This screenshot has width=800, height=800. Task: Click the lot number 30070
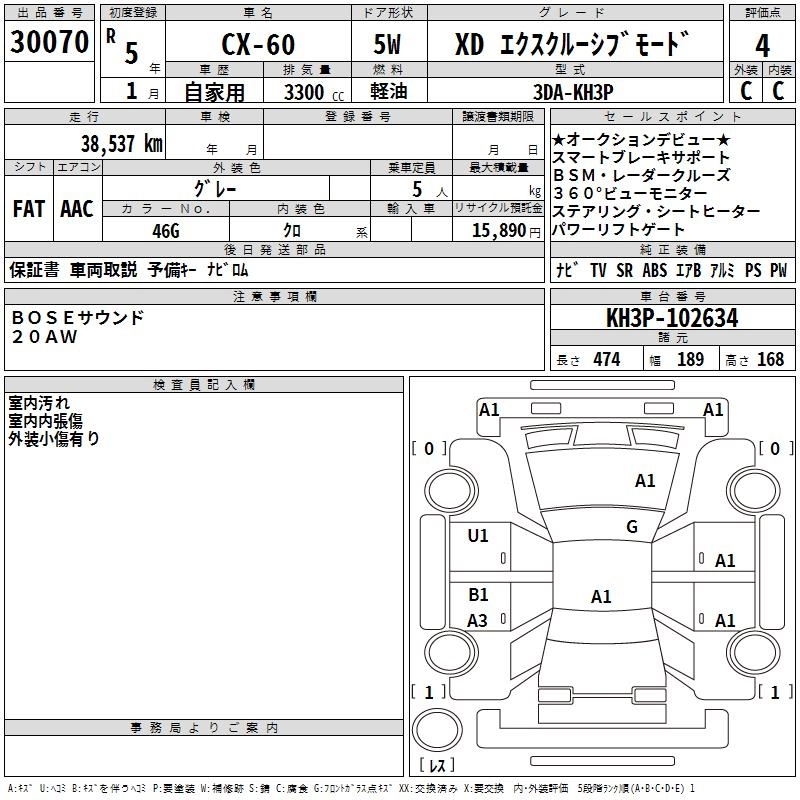click(49, 44)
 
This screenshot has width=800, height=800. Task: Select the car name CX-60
click(257, 47)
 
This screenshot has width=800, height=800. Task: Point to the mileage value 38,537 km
click(121, 143)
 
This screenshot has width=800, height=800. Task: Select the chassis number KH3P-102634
click(672, 319)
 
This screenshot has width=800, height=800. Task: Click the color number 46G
click(165, 229)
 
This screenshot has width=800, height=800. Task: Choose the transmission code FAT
click(28, 209)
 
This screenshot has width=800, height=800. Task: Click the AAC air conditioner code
click(77, 209)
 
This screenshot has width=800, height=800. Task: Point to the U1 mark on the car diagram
click(478, 536)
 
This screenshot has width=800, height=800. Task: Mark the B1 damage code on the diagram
click(478, 595)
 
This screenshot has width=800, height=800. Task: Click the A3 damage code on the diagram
click(478, 620)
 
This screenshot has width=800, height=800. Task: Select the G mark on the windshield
click(631, 527)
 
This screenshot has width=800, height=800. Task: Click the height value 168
click(770, 359)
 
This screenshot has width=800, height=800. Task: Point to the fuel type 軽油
click(388, 91)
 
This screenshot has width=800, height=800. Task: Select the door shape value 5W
click(387, 47)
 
